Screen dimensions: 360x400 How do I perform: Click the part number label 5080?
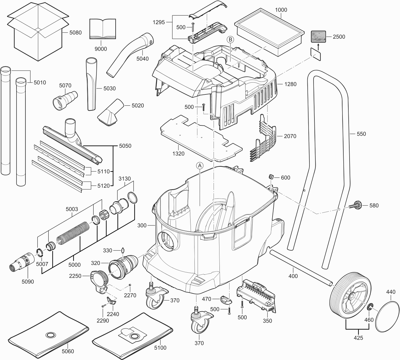76,32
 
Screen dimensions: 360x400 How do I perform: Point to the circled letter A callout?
199,166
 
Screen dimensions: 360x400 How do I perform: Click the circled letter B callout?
230,40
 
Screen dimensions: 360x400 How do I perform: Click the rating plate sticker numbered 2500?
319,37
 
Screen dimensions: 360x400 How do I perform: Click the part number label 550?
361,134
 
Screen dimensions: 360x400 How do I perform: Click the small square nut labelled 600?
271,177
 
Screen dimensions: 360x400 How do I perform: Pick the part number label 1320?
178,153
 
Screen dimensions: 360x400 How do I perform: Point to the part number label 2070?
290,136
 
